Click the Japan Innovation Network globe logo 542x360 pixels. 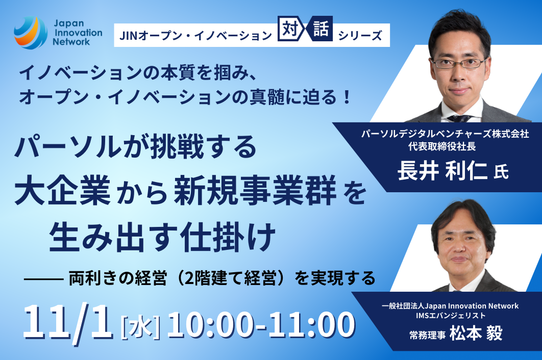coord(31,33)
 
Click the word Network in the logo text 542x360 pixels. coord(71,42)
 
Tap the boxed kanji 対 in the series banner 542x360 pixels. coord(290,29)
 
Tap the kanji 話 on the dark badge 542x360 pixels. coord(321,29)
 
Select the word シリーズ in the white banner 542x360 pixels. coord(360,36)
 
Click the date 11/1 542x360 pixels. coord(68,322)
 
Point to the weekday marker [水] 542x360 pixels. coord(140,326)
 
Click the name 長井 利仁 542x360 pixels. coord(442,171)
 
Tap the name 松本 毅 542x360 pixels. coord(476,333)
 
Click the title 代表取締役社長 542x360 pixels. coord(442,146)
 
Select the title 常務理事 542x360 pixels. coord(427,335)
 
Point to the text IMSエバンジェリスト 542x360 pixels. coord(451,316)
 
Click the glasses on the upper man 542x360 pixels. coord(459,63)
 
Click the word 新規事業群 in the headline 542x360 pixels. coord(255,190)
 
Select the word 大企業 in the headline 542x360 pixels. coord(63,190)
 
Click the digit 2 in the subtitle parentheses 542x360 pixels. coord(189,278)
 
